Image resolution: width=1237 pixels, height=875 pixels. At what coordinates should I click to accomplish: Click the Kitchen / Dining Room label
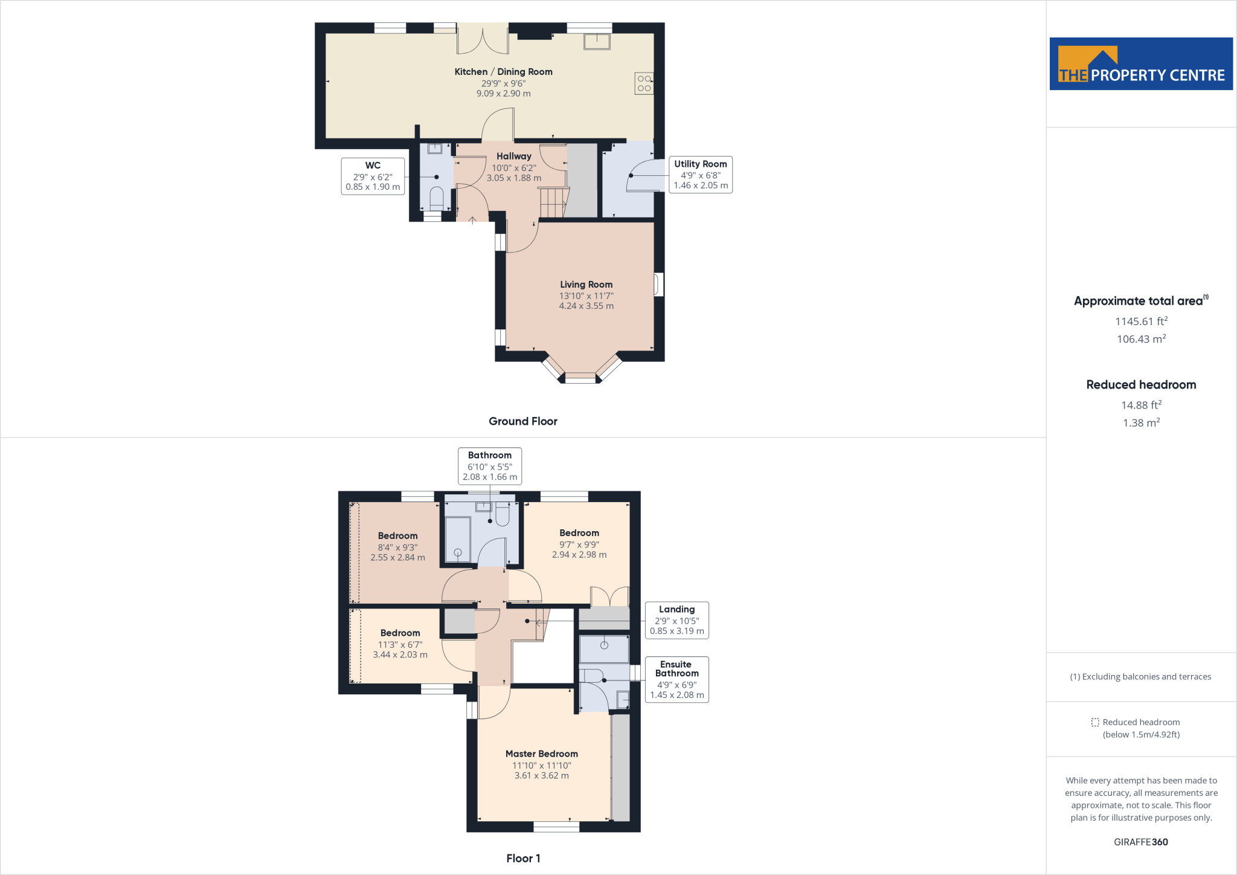[x=503, y=72]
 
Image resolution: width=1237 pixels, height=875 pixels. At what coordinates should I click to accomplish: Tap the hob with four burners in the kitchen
[x=644, y=83]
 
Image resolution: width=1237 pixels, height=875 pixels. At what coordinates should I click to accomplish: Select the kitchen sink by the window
[x=597, y=42]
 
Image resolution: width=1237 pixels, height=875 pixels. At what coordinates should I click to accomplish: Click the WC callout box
[x=373, y=176]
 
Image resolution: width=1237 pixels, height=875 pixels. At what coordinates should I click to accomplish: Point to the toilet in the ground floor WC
[x=436, y=197]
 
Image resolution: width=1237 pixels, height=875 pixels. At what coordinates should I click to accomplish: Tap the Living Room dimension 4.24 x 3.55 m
[x=586, y=306]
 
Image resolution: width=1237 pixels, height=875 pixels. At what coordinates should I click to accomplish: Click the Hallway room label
[x=513, y=157]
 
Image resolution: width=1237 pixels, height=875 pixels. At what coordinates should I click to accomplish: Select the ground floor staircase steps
[x=553, y=202]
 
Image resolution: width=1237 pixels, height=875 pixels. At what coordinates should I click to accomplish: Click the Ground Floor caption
[x=522, y=421]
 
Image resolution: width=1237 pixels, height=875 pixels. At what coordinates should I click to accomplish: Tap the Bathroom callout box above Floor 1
[x=489, y=466]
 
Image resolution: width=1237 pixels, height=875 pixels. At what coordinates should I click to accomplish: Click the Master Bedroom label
[x=541, y=754]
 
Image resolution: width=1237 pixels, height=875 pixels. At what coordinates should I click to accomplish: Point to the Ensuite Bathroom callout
[x=676, y=679]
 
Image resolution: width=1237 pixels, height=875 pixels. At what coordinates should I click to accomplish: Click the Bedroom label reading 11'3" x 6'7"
[x=400, y=644]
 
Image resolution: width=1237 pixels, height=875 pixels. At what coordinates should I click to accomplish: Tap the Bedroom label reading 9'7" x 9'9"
[x=579, y=544]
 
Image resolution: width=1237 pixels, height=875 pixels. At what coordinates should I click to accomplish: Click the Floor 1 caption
[x=523, y=858]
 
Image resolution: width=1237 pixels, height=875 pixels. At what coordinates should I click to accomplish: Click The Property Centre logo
[x=1141, y=64]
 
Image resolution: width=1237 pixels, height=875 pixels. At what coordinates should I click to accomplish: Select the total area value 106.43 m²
[x=1141, y=339]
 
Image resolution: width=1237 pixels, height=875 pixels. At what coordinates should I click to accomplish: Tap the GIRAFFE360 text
[x=1140, y=842]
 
